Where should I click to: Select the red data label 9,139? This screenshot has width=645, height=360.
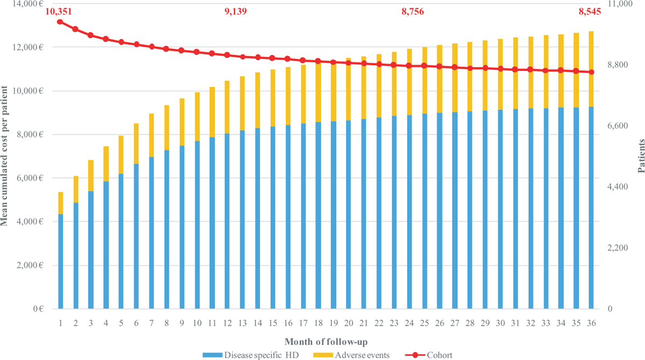[x=235, y=11]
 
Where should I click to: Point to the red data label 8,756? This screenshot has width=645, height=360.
[x=412, y=11]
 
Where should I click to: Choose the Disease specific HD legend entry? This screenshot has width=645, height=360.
[x=243, y=355]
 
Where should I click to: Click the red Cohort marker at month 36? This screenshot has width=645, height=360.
[x=591, y=72]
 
